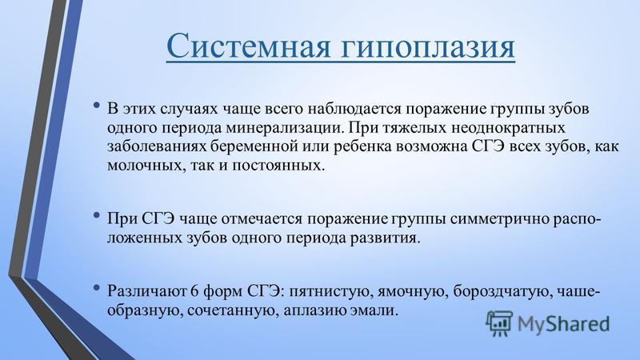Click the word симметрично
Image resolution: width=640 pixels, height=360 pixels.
click(x=499, y=219)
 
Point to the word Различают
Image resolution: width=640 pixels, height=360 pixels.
click(x=146, y=291)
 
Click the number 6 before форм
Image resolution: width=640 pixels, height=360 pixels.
click(x=194, y=291)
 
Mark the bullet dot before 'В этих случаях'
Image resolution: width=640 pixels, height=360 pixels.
click(x=96, y=106)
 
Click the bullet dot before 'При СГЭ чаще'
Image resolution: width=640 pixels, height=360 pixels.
click(x=96, y=215)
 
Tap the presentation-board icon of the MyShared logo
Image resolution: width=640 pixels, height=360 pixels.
click(x=499, y=323)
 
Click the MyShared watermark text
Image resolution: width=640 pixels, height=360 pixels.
click(x=563, y=325)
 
